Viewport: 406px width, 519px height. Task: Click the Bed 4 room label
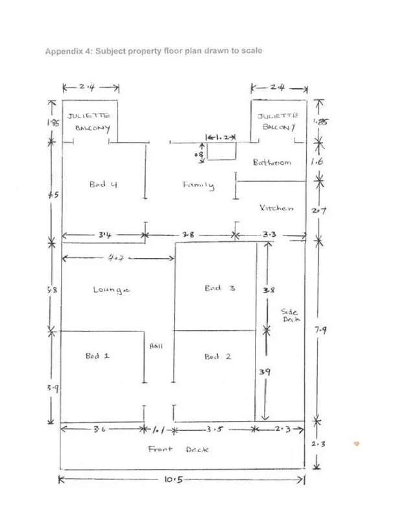coord(102,184)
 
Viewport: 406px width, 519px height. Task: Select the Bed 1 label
coord(97,356)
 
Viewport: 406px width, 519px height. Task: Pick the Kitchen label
coord(276,208)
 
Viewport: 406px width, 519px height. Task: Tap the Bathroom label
coord(272,162)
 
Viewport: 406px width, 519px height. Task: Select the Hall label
coord(156,346)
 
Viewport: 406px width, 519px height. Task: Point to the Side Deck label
coord(289,315)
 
